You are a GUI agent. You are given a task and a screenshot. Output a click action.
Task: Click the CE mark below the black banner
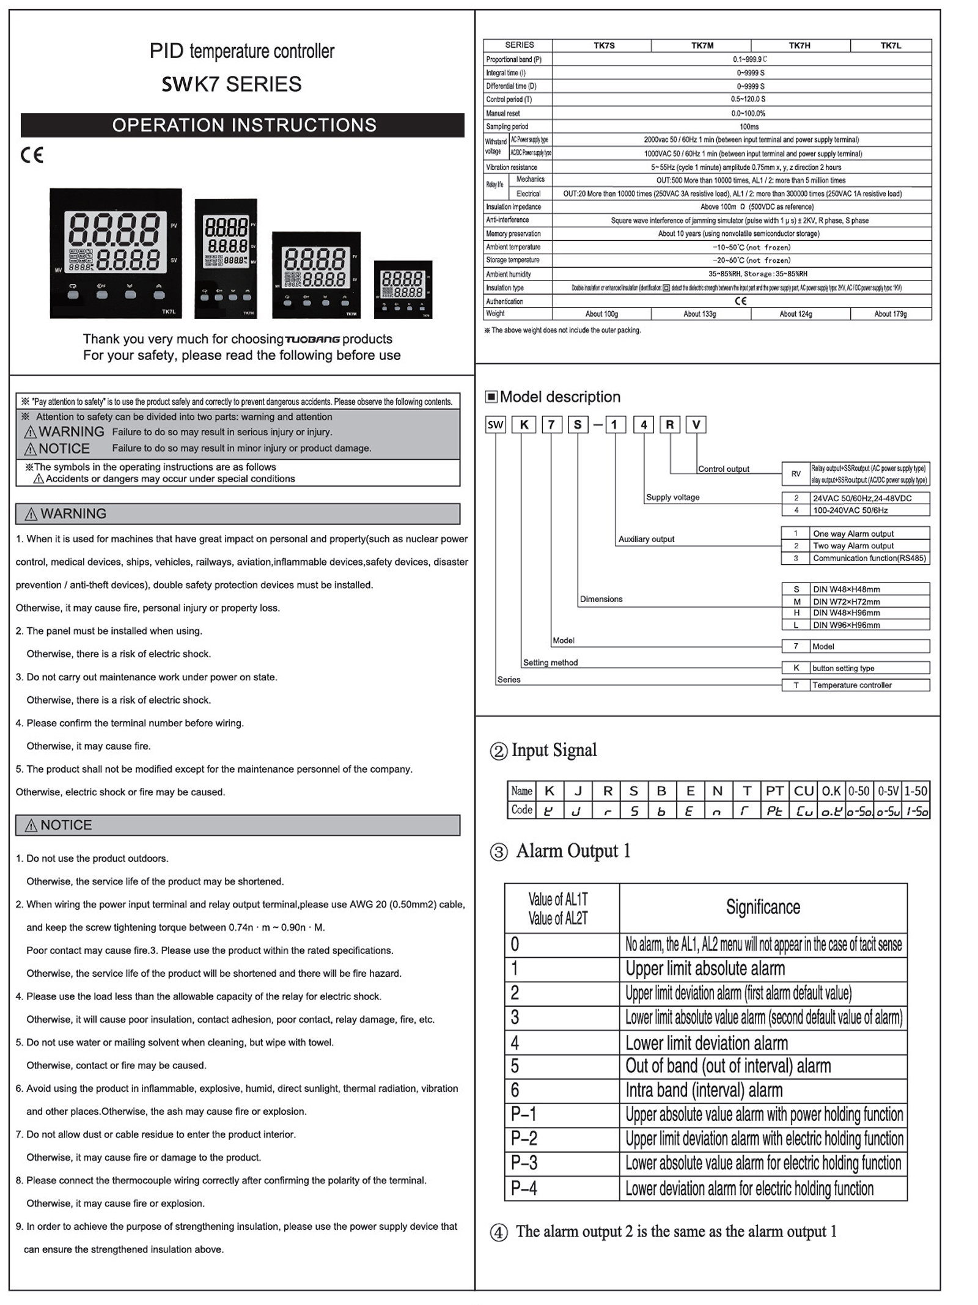click(x=32, y=155)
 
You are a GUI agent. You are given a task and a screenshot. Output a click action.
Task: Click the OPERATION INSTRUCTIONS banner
click(x=243, y=125)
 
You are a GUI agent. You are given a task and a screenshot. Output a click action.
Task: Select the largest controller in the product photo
click(x=116, y=253)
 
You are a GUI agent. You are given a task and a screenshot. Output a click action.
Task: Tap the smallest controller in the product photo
click(x=403, y=289)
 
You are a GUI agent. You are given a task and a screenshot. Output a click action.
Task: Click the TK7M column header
click(x=702, y=45)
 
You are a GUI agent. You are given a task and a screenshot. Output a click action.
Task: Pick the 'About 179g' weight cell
click(x=890, y=314)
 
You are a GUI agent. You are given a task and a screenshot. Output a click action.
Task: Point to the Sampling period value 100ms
click(x=749, y=127)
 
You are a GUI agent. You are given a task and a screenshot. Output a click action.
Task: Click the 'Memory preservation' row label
click(x=513, y=233)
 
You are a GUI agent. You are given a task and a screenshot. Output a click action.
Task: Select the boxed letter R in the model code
click(x=670, y=425)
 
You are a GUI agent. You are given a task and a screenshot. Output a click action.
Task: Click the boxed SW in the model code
click(x=496, y=425)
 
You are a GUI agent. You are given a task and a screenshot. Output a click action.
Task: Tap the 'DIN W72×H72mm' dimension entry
click(x=846, y=601)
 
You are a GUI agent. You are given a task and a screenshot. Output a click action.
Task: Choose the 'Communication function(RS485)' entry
click(x=869, y=558)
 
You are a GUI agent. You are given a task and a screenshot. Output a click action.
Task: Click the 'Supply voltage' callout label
click(x=672, y=497)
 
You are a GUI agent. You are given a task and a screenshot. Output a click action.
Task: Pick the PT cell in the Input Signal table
click(x=774, y=791)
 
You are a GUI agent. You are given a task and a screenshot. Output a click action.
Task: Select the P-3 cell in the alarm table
click(x=524, y=1163)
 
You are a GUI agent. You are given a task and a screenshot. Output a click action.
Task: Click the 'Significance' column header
click(x=763, y=907)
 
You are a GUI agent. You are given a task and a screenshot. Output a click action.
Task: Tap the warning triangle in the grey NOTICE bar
click(x=31, y=826)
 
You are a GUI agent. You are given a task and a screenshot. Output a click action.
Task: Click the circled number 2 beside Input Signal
click(x=499, y=751)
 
